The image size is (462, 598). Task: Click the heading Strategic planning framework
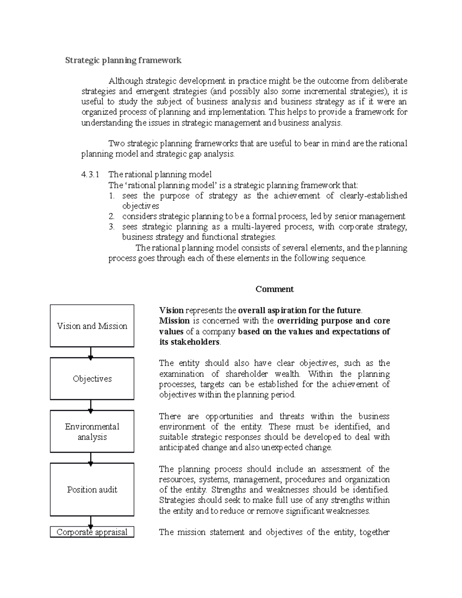coord(123,60)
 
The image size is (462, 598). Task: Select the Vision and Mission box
coord(92,326)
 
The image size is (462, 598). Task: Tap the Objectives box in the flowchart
coord(92,379)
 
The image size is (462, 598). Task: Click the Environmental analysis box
coord(92,431)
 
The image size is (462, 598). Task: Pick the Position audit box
coord(92,489)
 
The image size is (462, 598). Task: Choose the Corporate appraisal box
coord(92,532)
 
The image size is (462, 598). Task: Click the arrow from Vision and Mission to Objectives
coord(90,353)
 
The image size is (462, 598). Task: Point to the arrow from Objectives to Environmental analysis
coord(90,405)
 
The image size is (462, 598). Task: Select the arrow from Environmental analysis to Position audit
coord(90,458)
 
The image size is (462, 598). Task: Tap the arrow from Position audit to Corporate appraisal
coord(90,522)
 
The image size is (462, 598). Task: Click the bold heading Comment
coord(275,289)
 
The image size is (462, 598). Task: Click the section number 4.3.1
coord(90,174)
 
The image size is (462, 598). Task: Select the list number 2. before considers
coord(112,216)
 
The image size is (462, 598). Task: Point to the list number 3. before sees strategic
coord(112,227)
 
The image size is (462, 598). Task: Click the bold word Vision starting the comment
coord(172,310)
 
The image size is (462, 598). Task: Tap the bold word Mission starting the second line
coord(174,321)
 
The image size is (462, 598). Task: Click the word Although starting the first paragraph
coord(126,81)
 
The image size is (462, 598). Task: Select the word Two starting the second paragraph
coord(116,144)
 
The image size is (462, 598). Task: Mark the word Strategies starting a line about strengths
coord(177,500)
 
